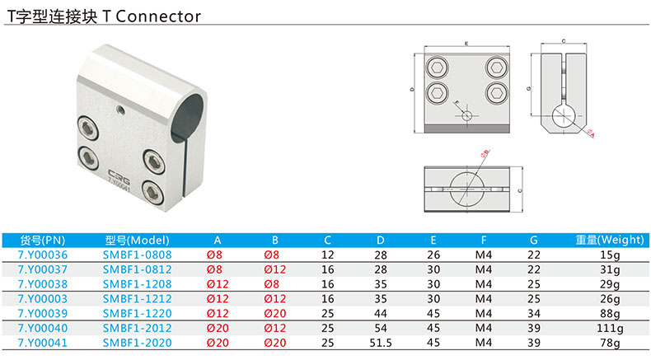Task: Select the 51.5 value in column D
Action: point(380,342)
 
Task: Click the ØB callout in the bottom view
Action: point(484,152)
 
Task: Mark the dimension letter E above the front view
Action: point(466,41)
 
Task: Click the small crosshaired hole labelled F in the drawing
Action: point(467,115)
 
